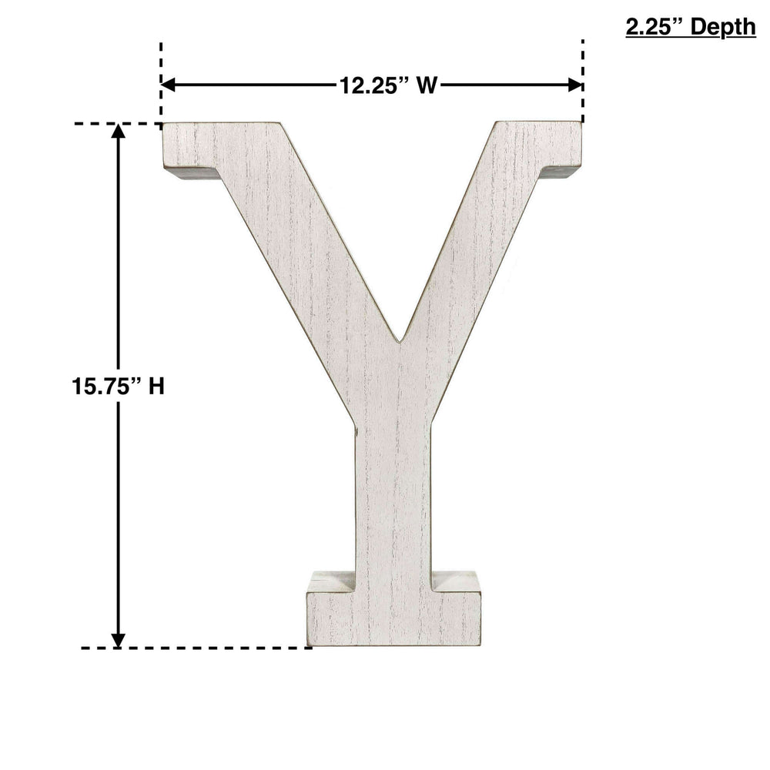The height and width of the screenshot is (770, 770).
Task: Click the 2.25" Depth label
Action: click(x=691, y=28)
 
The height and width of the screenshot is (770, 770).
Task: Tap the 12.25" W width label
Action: click(x=388, y=85)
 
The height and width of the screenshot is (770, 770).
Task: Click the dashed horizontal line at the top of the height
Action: click(x=115, y=123)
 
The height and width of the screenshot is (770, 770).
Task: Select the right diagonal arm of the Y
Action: click(x=477, y=246)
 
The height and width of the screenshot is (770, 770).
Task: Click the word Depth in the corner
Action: click(x=722, y=28)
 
